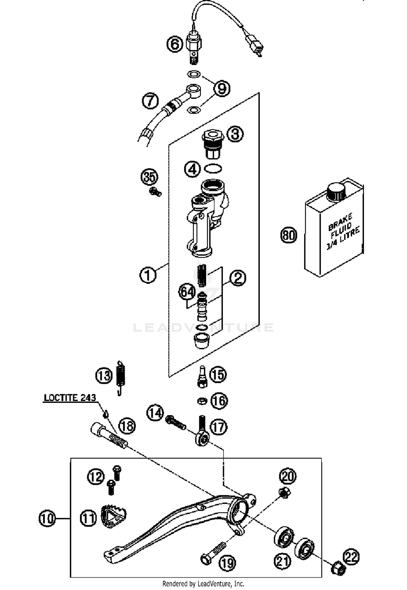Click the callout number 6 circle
click(x=175, y=44)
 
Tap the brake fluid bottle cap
click(x=336, y=192)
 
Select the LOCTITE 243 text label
click(x=70, y=398)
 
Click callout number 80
click(x=288, y=235)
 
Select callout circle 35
click(x=150, y=177)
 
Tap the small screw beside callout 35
click(x=155, y=192)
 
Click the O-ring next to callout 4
click(x=213, y=169)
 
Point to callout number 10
click(x=47, y=518)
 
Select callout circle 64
click(x=187, y=292)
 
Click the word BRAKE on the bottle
click(x=341, y=222)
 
